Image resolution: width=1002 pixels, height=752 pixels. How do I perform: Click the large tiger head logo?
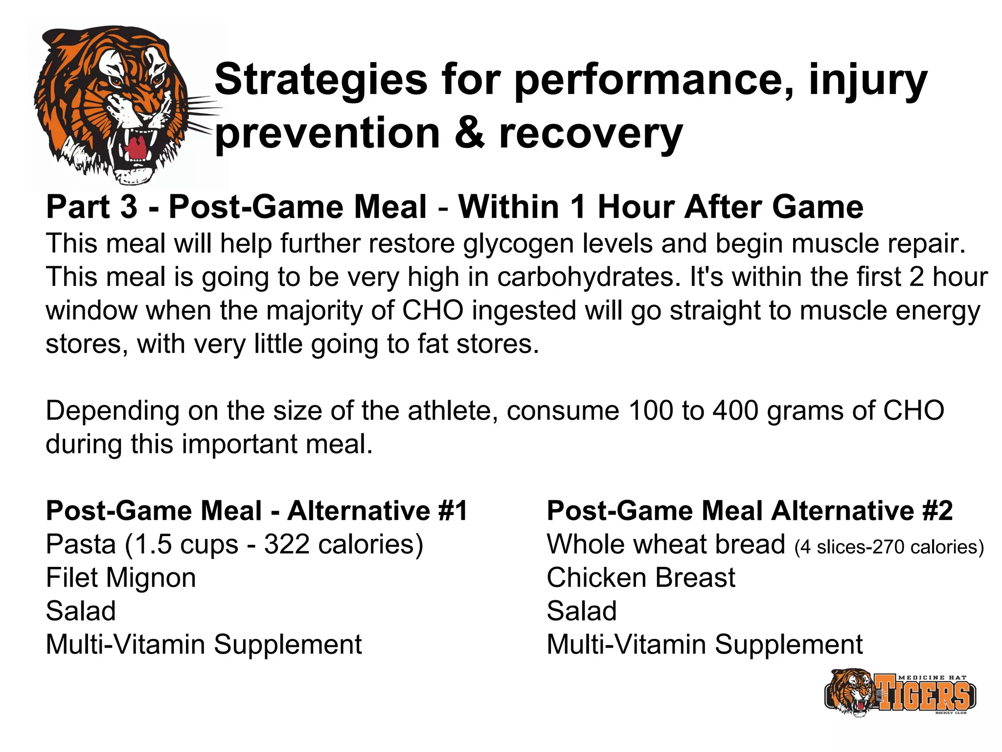click(117, 105)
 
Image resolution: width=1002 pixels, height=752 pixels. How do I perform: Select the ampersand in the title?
click(469, 133)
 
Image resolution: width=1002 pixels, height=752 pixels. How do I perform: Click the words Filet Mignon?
click(121, 578)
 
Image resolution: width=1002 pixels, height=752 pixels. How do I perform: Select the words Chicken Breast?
click(640, 578)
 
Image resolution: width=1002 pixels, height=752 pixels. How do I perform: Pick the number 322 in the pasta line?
click(287, 544)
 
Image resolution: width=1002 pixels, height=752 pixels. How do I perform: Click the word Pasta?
click(81, 544)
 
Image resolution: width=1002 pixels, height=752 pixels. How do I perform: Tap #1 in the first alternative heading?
click(453, 511)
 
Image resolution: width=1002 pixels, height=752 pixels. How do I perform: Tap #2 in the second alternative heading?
click(937, 511)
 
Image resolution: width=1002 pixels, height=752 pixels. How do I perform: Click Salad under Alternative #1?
click(81, 611)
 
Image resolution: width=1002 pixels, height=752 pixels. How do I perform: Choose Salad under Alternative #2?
click(582, 611)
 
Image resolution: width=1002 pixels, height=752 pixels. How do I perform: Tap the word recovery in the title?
click(591, 133)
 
